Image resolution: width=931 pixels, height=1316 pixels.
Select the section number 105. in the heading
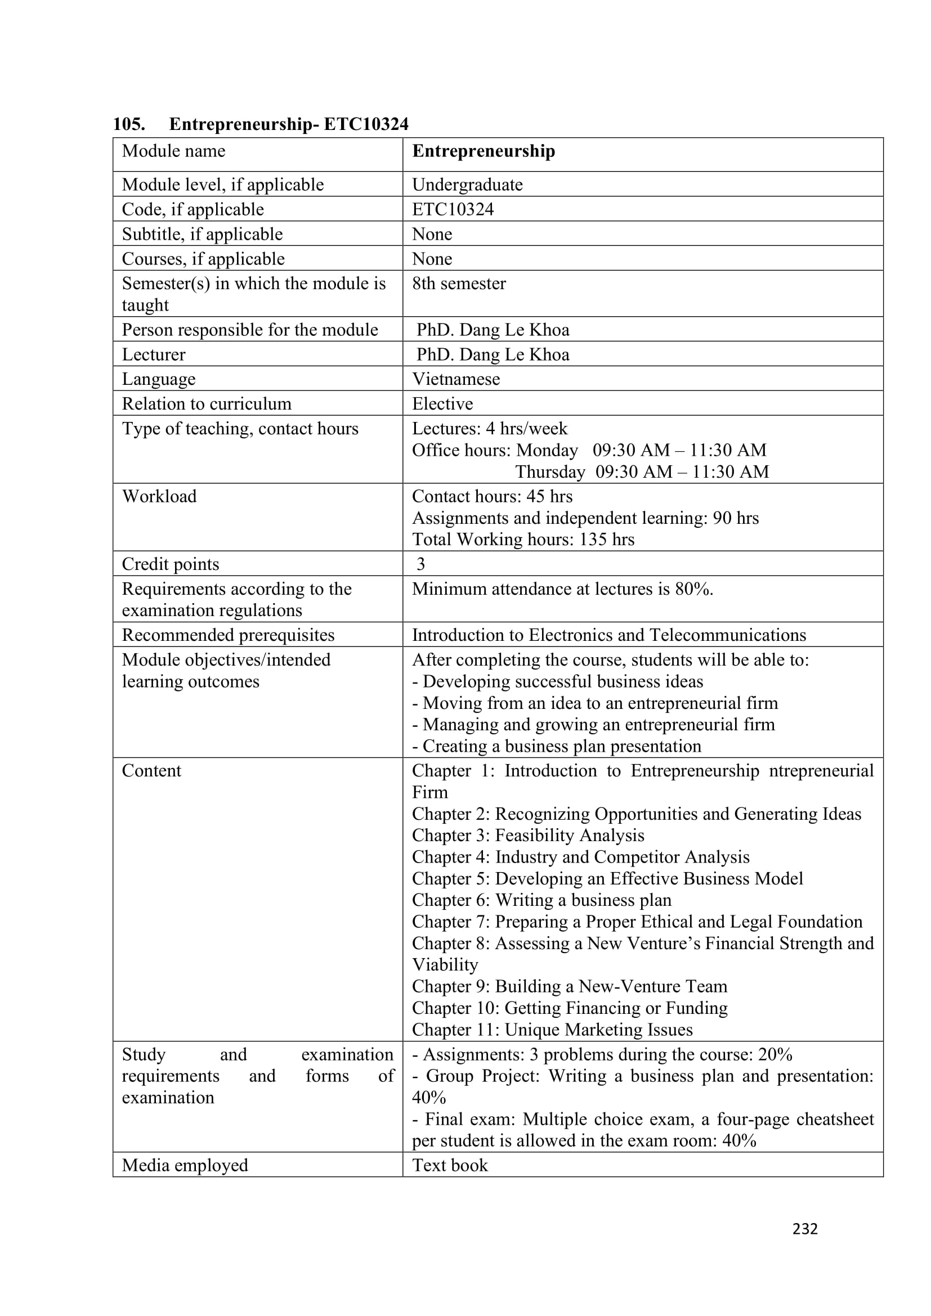pos(129,124)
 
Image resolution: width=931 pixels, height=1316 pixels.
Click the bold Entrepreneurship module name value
pos(484,151)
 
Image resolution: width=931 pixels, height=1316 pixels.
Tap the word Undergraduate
pos(467,185)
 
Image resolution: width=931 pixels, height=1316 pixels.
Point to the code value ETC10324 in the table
pos(453,209)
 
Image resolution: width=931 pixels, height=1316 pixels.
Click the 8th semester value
pos(459,284)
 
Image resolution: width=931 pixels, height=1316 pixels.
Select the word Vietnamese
pos(456,379)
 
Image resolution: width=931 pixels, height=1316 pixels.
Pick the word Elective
pos(442,404)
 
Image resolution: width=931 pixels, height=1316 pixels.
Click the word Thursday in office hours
pos(550,471)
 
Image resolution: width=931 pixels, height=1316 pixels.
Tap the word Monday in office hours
pos(547,451)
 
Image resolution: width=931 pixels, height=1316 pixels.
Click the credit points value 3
pos(421,564)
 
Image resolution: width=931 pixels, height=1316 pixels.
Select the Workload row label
pos(159,496)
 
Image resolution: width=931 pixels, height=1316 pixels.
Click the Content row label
pos(151,771)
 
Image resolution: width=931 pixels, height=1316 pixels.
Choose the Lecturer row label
pos(154,355)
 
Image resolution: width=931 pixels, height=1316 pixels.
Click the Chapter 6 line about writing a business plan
pos(541,900)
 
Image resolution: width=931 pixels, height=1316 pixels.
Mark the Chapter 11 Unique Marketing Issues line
pos(552,1030)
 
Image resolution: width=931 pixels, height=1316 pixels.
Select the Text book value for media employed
pos(450,1165)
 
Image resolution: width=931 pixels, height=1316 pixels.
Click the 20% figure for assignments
pos(775,1054)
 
